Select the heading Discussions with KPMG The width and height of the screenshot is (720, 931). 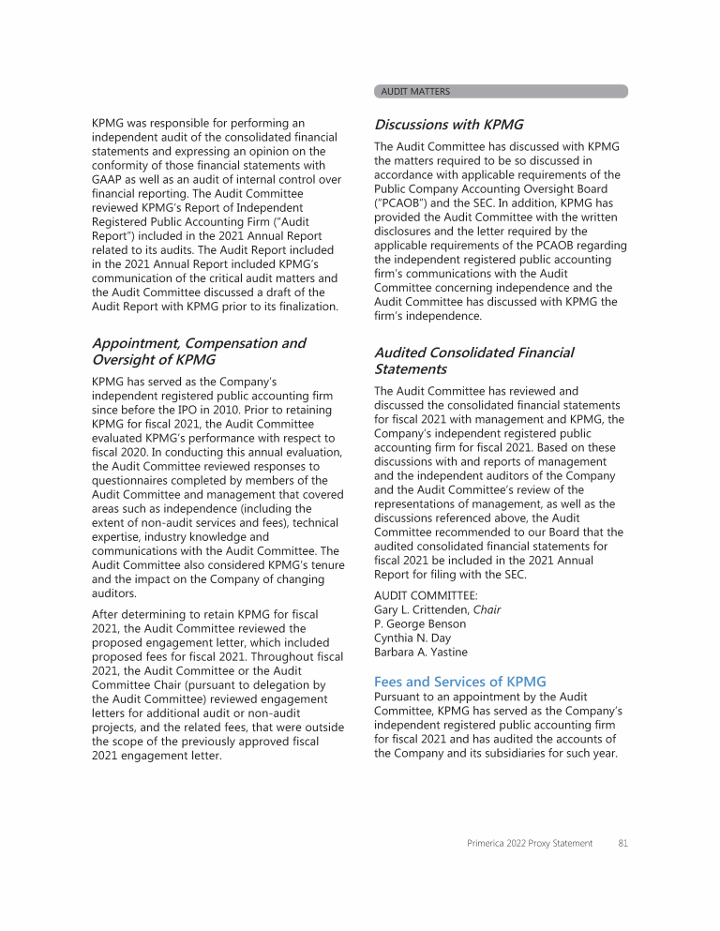click(448, 124)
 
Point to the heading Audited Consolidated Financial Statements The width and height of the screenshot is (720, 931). click(473, 360)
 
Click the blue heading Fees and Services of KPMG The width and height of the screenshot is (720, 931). click(459, 682)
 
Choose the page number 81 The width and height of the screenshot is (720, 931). click(622, 843)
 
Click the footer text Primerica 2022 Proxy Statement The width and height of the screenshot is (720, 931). click(530, 843)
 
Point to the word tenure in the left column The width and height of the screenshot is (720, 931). click(325, 564)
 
